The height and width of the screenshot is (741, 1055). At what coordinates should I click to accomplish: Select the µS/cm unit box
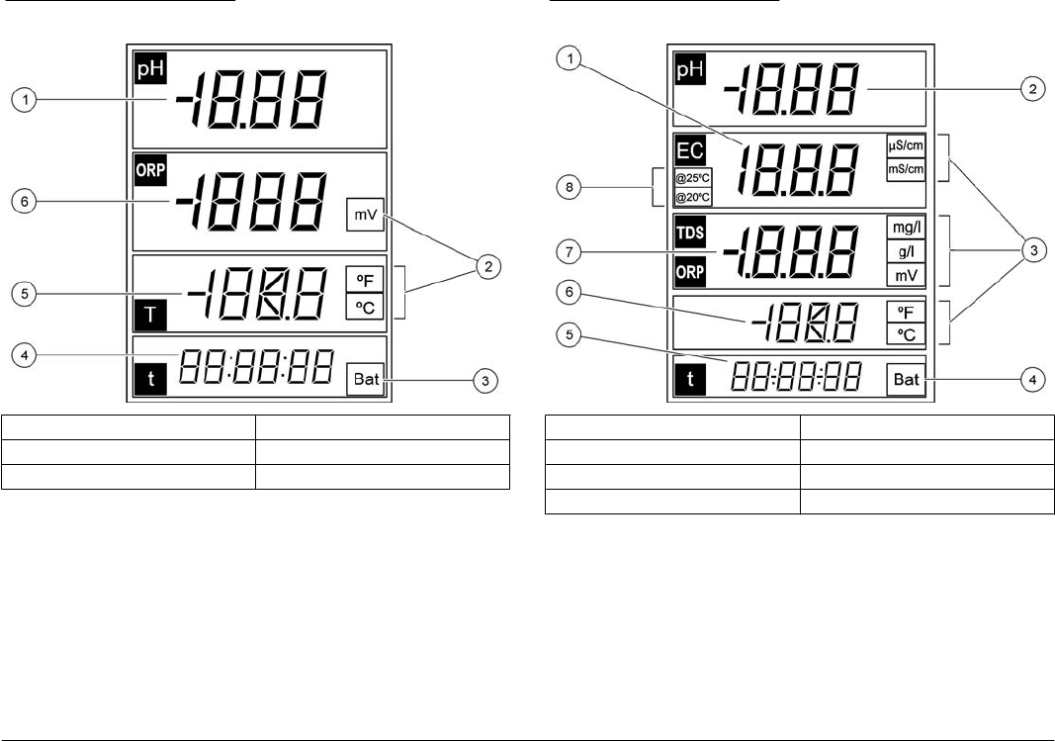coord(906,145)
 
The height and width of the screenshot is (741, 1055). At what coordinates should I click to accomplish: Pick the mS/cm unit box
coord(906,168)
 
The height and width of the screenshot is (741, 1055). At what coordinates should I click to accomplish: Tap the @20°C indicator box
coord(691,197)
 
